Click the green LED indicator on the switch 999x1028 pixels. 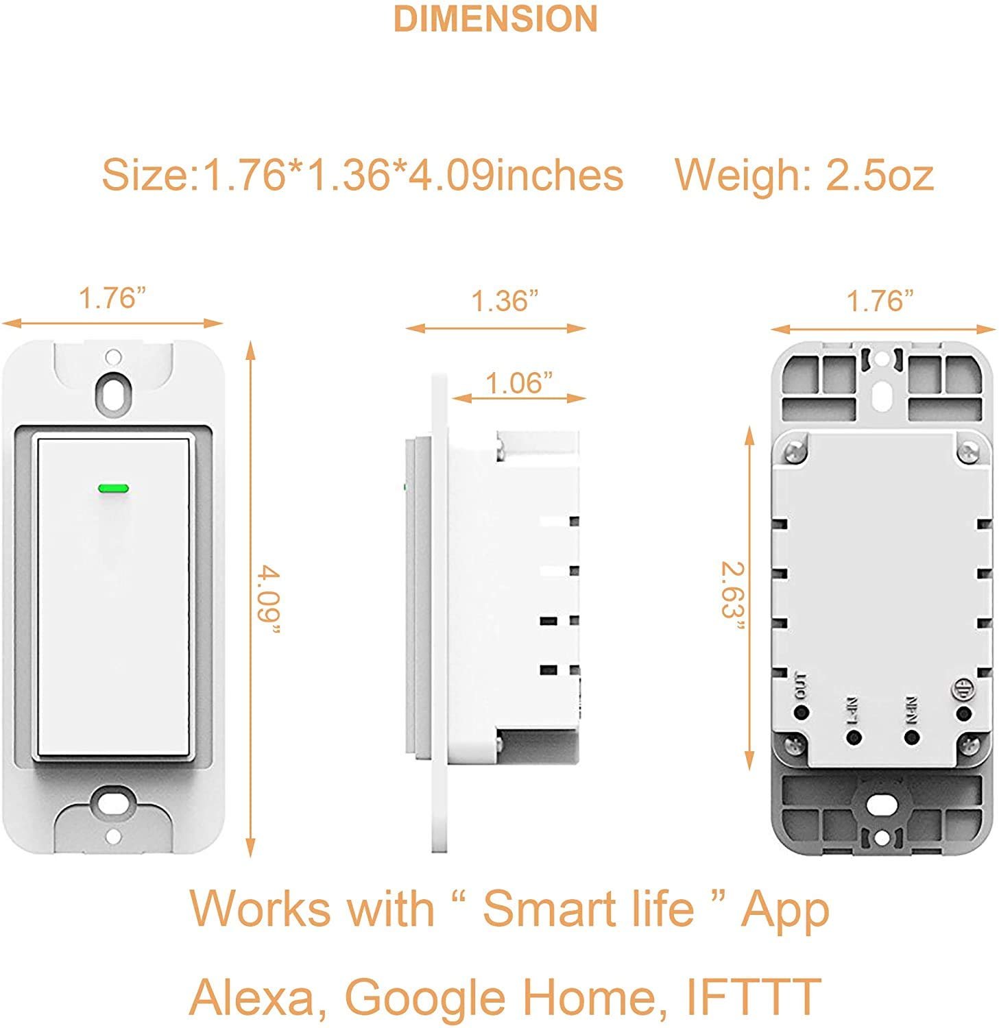114,489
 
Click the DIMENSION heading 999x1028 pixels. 495,19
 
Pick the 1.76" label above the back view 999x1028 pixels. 880,301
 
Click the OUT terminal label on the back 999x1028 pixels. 799,684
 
